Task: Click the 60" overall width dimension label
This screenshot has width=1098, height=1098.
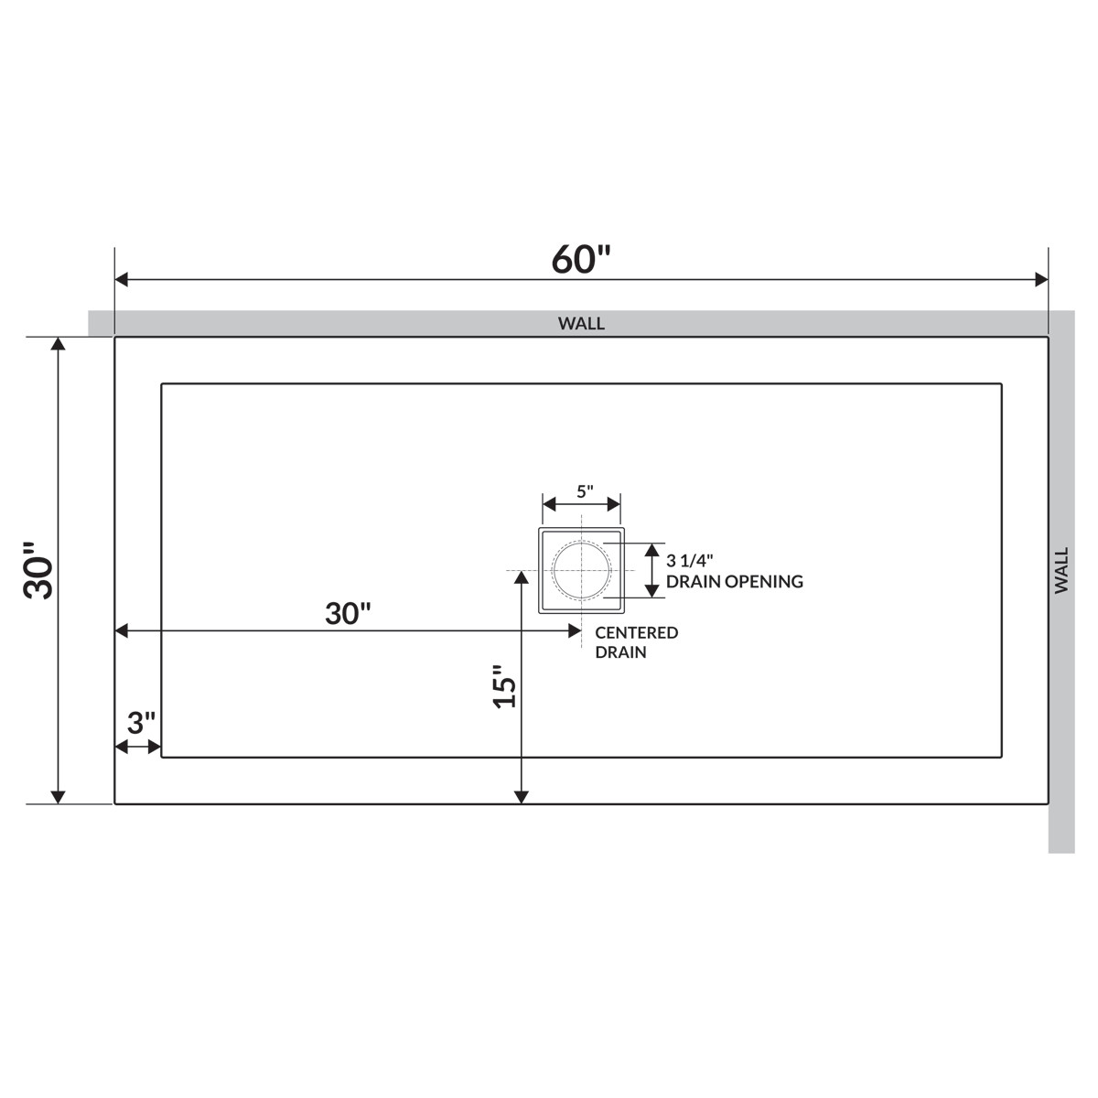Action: (x=581, y=259)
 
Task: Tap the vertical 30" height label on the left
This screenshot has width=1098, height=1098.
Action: (x=38, y=570)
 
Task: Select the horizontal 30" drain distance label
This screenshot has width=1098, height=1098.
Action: (x=348, y=614)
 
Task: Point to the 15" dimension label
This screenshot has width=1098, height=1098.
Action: (x=504, y=686)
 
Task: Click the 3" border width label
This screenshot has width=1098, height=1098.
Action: (x=141, y=723)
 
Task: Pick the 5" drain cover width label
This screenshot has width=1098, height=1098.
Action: (x=585, y=491)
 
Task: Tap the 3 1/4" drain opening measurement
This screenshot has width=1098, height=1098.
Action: (x=690, y=561)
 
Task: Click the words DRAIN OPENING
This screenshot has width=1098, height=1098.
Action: (x=735, y=581)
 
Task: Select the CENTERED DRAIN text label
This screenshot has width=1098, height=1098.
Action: (x=637, y=642)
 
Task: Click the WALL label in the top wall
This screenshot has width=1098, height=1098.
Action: (x=581, y=323)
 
